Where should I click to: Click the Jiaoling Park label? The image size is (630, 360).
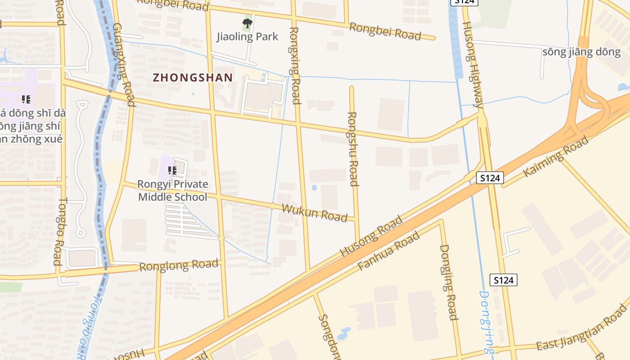[x=247, y=36]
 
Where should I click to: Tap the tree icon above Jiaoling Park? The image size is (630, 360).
[x=247, y=23]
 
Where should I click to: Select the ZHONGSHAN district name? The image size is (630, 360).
[x=193, y=77]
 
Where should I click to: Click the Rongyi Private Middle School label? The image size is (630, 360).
[x=173, y=190]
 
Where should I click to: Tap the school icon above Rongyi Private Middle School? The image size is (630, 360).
[x=172, y=170]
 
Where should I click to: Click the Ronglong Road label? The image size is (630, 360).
[x=179, y=265]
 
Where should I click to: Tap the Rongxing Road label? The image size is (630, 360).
[x=294, y=65]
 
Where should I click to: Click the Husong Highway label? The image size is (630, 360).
[x=472, y=65]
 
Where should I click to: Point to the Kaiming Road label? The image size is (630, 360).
[x=556, y=157]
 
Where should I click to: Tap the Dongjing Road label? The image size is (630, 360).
[x=449, y=282]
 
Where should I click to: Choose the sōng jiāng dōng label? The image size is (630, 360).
[x=581, y=52]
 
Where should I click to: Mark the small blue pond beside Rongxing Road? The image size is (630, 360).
[x=314, y=187]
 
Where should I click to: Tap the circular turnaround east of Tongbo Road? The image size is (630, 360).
[x=81, y=233]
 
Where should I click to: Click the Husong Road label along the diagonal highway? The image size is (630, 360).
[x=371, y=236]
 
